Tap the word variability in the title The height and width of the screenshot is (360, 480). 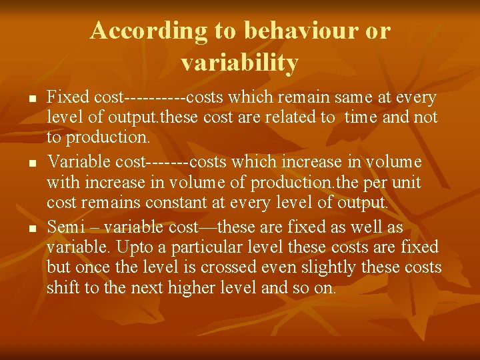(x=239, y=63)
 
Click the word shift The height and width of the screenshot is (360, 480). (x=62, y=288)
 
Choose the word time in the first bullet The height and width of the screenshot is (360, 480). (x=363, y=118)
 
